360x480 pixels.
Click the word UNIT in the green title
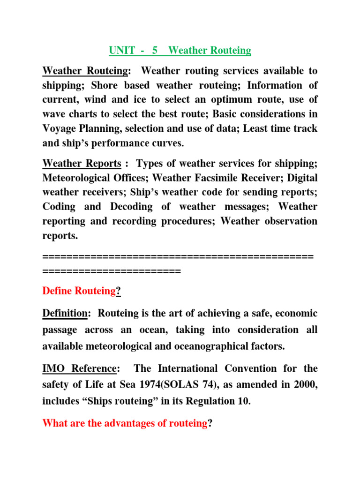tap(120, 50)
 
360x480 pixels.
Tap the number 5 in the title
tap(155, 50)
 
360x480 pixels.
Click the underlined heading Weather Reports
tap(82, 163)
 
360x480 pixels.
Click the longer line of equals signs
tap(178, 256)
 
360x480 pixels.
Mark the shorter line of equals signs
tap(111, 270)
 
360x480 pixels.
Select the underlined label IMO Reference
tap(79, 369)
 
